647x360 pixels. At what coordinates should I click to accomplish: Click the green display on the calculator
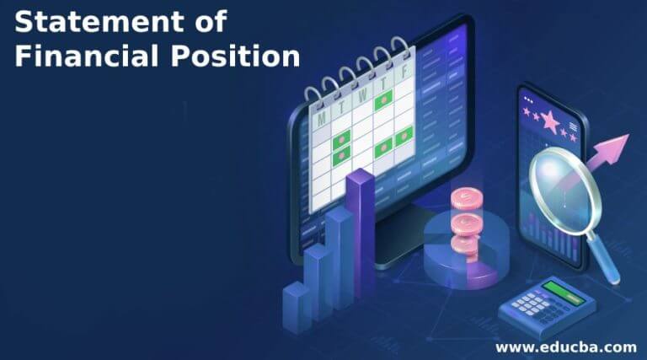(x=563, y=293)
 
